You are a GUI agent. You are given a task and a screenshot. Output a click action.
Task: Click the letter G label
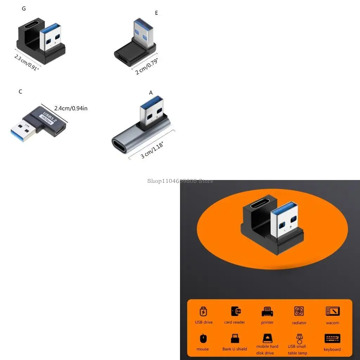click(x=24, y=9)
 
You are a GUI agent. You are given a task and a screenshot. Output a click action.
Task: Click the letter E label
click(x=156, y=13)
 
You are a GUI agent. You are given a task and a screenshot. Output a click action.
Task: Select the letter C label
click(x=20, y=92)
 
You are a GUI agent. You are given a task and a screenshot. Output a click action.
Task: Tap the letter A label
click(x=151, y=93)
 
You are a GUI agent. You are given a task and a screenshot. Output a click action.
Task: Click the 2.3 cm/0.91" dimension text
click(x=26, y=62)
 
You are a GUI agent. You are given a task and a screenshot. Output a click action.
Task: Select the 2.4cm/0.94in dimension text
click(x=71, y=109)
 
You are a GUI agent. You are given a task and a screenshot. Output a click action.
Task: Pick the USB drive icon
click(x=204, y=312)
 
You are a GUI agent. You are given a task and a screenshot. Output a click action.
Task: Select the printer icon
click(x=267, y=312)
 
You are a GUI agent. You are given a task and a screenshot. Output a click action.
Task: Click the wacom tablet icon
click(x=332, y=311)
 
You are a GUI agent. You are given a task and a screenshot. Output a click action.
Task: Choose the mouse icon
click(x=203, y=339)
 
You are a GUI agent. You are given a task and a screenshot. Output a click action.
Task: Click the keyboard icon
click(x=332, y=339)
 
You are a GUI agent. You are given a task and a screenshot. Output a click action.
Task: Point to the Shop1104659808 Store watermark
click(x=180, y=181)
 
